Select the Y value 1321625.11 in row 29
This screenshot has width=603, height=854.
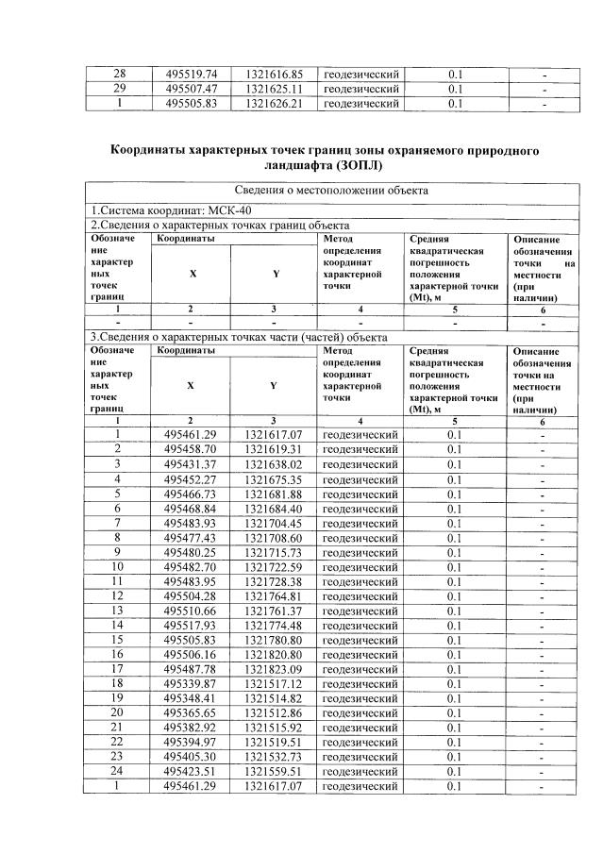(x=274, y=89)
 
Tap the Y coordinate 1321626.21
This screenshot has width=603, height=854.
(x=274, y=104)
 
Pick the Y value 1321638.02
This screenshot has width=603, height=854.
(x=274, y=464)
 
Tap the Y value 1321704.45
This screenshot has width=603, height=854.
(x=274, y=524)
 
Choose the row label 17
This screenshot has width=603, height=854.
(x=118, y=667)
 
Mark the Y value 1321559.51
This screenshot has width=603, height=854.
(x=274, y=770)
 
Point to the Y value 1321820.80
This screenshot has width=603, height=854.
(x=274, y=652)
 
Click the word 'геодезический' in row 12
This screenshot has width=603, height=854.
(x=360, y=594)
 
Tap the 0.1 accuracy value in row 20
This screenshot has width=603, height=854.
(x=455, y=712)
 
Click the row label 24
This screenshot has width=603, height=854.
(x=118, y=770)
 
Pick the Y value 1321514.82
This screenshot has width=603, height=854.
(x=274, y=697)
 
